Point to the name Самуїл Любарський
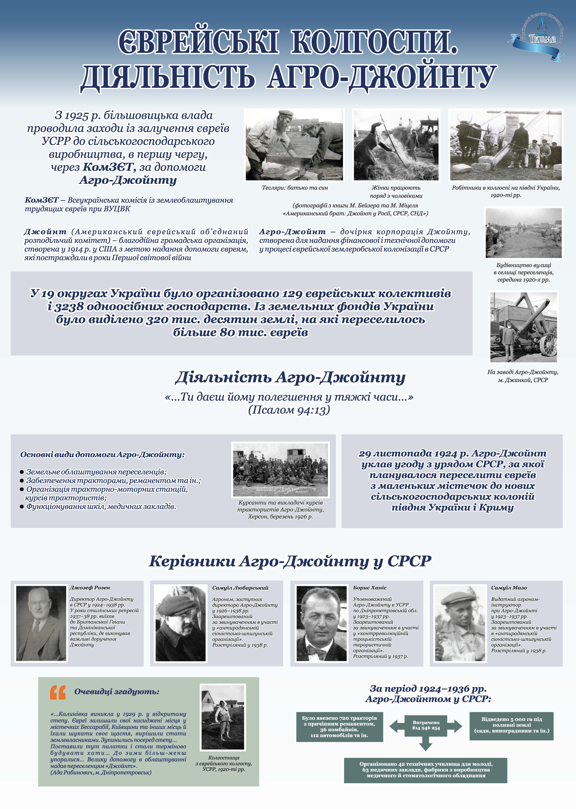coord(240,588)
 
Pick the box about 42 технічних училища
coord(426,770)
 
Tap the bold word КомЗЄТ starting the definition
coord(41,200)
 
